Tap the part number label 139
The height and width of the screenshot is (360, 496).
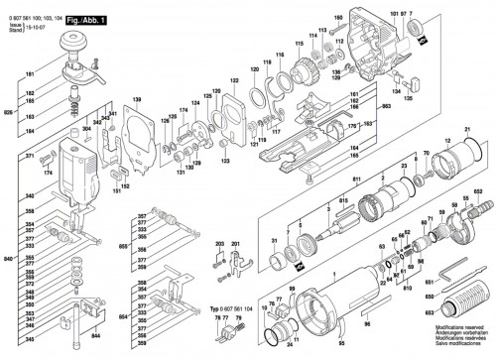[138, 101]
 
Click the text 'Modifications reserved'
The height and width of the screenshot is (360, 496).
[452, 337]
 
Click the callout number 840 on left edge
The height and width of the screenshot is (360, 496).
[9, 258]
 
